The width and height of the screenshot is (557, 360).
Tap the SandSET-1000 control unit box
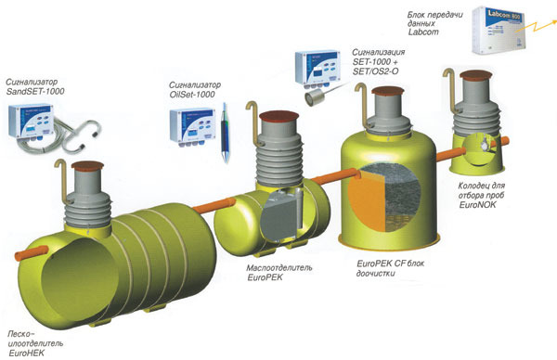[32, 121]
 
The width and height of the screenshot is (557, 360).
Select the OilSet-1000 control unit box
[192, 125]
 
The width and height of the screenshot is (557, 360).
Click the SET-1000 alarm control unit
[317, 69]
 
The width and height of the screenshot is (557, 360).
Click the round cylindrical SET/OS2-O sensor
[313, 97]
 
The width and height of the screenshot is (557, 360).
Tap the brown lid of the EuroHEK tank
[87, 165]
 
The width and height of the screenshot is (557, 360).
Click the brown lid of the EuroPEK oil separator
[278, 116]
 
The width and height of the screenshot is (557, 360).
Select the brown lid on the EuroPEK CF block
[387, 91]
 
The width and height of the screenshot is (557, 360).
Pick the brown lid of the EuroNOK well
[475, 74]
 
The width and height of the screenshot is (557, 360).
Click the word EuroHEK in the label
[27, 354]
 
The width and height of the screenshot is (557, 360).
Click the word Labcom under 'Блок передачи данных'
[423, 32]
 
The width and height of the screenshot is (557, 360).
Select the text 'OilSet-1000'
[192, 95]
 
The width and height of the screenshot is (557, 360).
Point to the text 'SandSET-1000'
[35, 91]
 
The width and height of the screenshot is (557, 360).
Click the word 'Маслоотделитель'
[279, 268]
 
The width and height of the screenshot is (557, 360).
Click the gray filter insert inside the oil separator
[278, 217]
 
